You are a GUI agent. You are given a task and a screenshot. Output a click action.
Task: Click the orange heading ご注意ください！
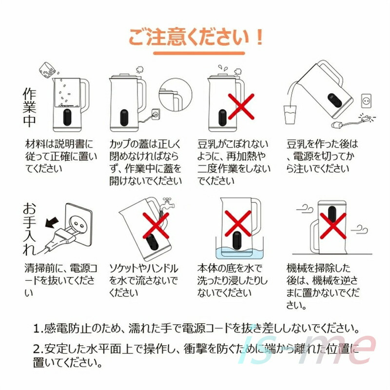point(195,38)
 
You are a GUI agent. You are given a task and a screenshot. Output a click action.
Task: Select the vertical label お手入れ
point(29,229)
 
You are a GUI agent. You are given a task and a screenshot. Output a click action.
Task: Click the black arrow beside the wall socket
point(52,222)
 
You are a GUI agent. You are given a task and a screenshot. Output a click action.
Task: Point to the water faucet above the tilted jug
point(167,203)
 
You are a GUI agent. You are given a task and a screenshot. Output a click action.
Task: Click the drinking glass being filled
point(290,115)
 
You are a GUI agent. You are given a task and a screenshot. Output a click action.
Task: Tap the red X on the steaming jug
point(241,106)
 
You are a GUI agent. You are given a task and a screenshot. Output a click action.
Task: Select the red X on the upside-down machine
point(333,226)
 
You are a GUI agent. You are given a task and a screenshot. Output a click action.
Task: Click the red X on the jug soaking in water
point(238,223)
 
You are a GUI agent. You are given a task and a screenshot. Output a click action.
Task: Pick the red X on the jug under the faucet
point(156,226)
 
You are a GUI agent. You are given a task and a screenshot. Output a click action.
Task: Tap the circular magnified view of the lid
point(175,95)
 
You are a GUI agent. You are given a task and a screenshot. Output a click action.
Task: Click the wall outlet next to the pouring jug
point(366,101)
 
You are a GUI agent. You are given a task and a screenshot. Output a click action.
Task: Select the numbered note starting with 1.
point(196,328)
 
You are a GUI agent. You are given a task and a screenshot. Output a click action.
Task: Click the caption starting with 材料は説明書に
point(61,156)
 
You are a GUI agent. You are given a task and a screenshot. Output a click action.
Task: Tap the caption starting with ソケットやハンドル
point(144,280)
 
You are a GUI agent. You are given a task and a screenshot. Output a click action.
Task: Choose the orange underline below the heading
point(199,53)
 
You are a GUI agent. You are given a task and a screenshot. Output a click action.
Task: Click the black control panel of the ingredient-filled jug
point(67,117)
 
